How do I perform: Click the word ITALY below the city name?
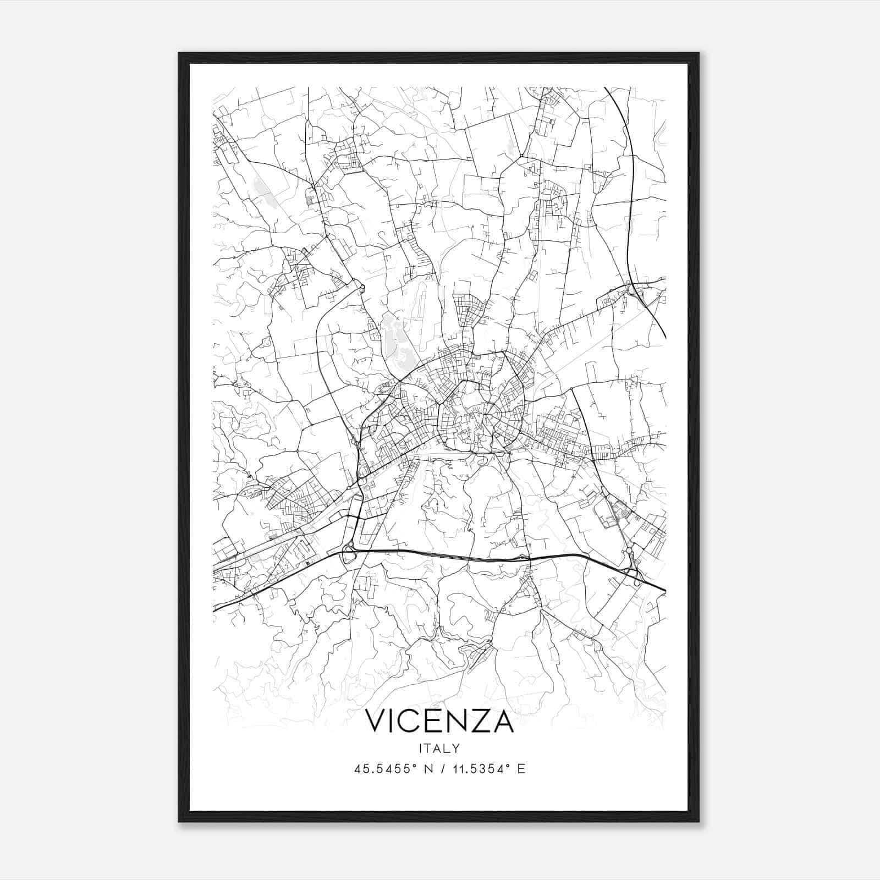click(439, 749)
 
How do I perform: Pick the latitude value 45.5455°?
click(384, 768)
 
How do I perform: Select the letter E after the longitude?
click(521, 768)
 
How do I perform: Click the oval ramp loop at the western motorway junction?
click(348, 553)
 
